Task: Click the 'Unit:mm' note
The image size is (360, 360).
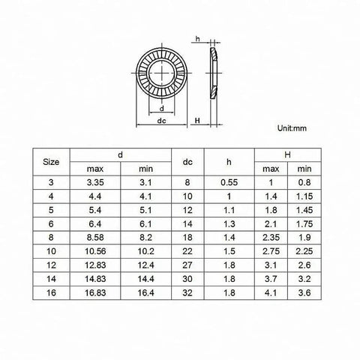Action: (292, 128)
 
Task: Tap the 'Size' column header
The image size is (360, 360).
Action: (51, 162)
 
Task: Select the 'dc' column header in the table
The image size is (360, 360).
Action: (187, 162)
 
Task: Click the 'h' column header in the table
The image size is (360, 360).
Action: (229, 162)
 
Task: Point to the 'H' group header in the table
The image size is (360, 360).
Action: (287, 155)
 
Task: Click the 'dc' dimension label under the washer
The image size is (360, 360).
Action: (161, 121)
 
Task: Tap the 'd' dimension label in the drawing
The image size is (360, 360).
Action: (162, 109)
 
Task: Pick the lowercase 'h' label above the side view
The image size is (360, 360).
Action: (198, 39)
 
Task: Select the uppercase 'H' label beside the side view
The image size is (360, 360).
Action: (197, 121)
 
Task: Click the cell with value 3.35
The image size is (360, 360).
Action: (95, 182)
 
